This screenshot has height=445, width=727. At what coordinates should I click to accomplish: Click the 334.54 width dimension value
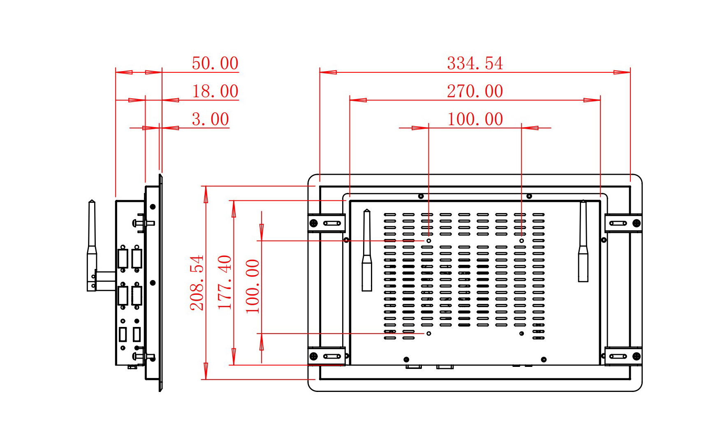(475, 63)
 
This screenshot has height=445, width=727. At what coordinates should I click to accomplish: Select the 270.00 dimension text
(475, 91)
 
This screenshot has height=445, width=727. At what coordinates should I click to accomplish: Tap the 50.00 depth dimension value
(215, 63)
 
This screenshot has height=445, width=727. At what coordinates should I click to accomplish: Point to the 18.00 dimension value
(215, 91)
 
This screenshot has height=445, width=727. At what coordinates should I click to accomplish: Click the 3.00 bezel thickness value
(211, 119)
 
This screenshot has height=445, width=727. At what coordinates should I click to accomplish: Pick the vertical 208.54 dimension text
(197, 283)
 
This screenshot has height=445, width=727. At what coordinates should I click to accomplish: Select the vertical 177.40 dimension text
(225, 283)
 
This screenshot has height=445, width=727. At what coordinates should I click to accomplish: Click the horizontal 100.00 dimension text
(475, 119)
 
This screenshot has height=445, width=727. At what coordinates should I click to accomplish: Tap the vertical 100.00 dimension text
(252, 286)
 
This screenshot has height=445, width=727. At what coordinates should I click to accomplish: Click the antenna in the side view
(92, 246)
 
